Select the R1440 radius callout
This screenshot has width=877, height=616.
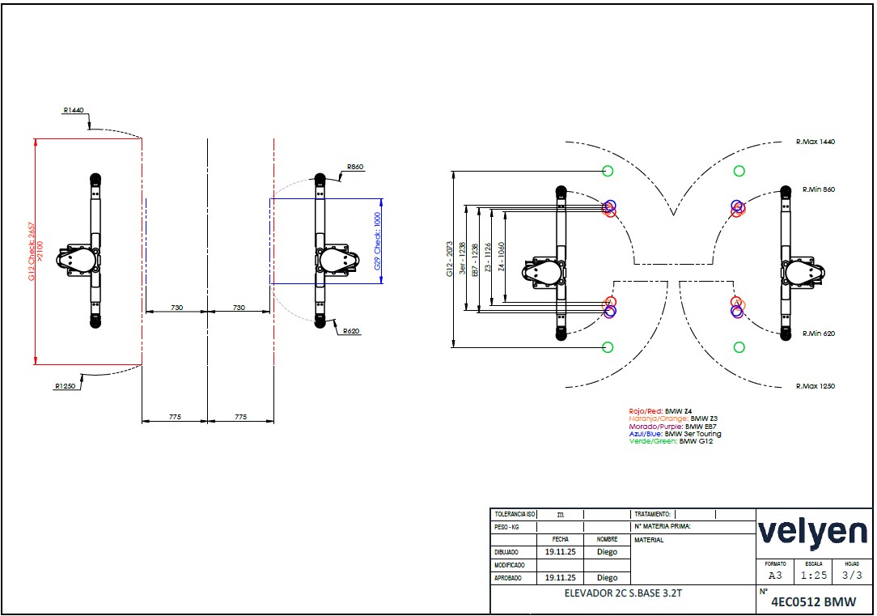[x=73, y=110]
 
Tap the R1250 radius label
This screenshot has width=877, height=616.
[x=66, y=386]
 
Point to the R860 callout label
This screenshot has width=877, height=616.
[x=355, y=167]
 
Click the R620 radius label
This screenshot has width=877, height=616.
[x=350, y=331]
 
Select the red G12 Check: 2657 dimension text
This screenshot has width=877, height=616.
[x=31, y=251]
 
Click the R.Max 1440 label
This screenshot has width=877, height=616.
[x=815, y=142]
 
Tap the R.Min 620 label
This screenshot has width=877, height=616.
[x=818, y=333]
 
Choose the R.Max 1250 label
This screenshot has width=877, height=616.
[x=815, y=386]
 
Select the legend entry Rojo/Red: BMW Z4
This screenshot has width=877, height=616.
[x=660, y=411]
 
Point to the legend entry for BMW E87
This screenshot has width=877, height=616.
[x=672, y=426]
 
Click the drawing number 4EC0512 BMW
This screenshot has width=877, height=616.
[x=813, y=601]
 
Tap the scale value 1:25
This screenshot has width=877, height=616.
[x=813, y=576]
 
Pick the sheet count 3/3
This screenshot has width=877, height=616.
[x=852, y=576]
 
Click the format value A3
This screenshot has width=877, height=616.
[x=775, y=576]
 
